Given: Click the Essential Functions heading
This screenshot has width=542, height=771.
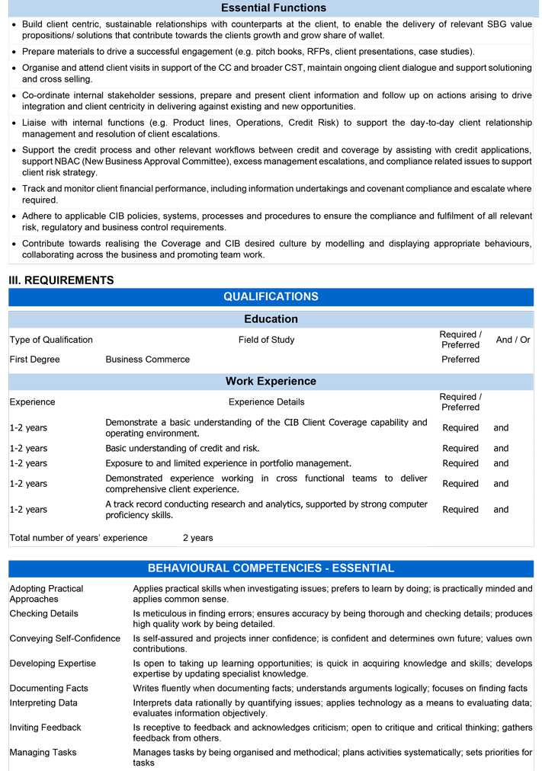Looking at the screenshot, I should (273, 8).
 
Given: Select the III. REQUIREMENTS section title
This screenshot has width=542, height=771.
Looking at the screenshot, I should (61, 280).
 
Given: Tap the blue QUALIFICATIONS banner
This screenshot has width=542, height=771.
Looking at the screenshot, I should (271, 296).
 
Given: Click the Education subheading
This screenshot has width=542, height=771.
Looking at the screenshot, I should (271, 319).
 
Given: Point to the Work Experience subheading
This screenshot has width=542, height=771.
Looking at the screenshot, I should (271, 381).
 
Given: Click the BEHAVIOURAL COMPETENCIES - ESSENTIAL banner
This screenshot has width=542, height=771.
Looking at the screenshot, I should (271, 568).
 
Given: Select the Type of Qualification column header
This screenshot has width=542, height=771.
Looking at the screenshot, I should (51, 340).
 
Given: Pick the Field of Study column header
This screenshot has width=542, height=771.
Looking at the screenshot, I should (266, 340).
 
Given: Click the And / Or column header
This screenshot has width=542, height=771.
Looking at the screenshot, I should (513, 340).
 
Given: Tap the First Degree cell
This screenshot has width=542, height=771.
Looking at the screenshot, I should (34, 360).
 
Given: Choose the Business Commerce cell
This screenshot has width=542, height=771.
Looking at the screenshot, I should (147, 360).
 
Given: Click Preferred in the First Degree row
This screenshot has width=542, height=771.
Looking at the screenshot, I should (460, 360).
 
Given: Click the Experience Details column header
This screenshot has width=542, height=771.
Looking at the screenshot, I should (266, 402).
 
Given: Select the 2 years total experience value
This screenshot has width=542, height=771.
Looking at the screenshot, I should (197, 538).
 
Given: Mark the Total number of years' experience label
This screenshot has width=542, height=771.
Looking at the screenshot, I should (79, 538).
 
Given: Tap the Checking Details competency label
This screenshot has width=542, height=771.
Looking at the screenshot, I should (43, 614).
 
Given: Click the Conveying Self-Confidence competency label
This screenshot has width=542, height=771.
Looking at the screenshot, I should (65, 638).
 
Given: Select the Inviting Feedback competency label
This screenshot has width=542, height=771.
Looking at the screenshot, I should (45, 728).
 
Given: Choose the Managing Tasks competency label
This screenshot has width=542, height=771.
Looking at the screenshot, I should (43, 753).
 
